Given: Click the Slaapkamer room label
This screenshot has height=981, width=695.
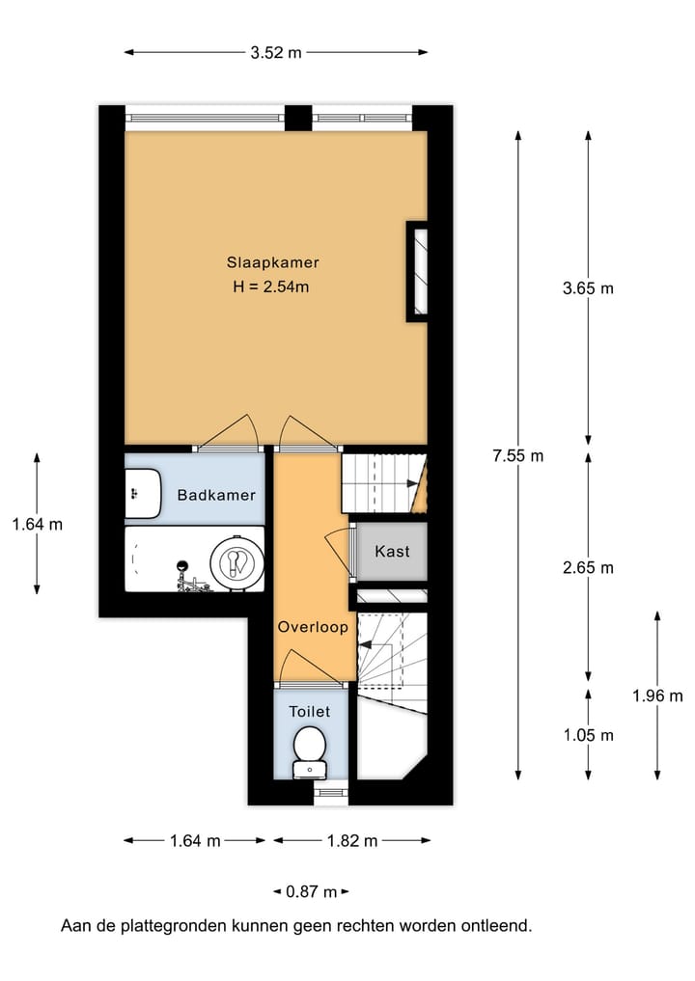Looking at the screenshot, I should click(273, 262).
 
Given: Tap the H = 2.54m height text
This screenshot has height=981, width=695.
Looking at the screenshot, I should click(273, 286).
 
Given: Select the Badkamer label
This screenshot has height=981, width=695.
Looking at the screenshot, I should click(216, 495).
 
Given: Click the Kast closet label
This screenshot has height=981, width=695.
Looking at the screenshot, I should click(392, 552).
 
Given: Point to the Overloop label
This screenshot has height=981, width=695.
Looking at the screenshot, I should click(313, 627).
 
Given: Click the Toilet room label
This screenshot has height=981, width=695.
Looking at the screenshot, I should click(310, 712).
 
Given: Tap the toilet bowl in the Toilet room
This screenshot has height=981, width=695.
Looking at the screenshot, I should click(310, 749).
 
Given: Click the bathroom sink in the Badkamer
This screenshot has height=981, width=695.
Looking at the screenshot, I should click(144, 491).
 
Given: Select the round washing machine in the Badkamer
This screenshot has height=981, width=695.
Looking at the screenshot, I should click(236, 560).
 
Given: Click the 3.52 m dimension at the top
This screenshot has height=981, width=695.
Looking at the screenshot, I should click(276, 53).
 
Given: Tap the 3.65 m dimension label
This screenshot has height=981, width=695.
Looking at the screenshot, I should click(588, 287).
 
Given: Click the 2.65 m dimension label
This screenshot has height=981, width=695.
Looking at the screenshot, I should click(588, 567).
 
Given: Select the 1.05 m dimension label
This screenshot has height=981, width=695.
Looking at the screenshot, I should click(588, 735).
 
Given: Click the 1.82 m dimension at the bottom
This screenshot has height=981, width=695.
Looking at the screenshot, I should click(351, 841).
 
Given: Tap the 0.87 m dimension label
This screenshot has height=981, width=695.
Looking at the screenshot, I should click(311, 891).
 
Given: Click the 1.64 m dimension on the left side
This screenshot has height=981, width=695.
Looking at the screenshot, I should click(37, 525).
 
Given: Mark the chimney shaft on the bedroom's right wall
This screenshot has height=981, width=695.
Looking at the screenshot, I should click(417, 271).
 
